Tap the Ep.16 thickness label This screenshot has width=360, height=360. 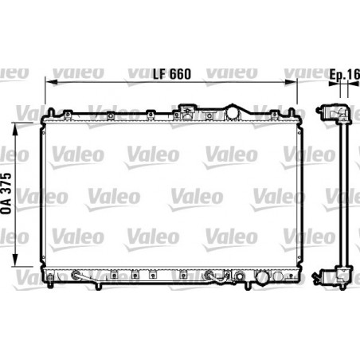[344, 75]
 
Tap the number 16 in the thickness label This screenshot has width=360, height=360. [354, 75]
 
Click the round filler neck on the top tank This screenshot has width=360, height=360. [233, 110]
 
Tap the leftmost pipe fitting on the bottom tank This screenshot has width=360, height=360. [76, 277]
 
